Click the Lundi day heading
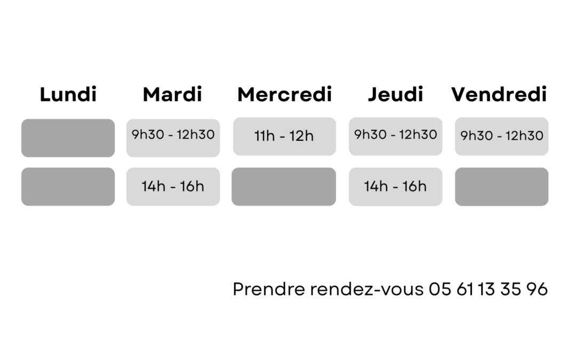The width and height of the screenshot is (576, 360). [68, 94]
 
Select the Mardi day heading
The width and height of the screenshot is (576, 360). [172, 94]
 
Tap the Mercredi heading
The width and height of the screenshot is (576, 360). [285, 94]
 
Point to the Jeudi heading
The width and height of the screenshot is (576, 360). [396, 94]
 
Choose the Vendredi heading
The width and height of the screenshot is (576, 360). [499, 94]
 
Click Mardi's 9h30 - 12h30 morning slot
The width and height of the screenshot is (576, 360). [173, 138]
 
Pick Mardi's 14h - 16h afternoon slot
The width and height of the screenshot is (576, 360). [173, 187]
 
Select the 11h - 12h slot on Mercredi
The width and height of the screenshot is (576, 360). [284, 137]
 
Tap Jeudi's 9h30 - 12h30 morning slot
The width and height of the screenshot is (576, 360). [396, 137]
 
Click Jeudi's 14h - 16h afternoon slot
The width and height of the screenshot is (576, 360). [396, 187]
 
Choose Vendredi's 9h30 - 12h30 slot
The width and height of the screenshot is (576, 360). [502, 137]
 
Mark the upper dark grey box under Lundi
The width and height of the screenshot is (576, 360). [68, 138]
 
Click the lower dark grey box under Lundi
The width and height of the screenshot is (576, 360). [68, 187]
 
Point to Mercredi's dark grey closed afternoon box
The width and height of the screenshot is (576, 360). [284, 187]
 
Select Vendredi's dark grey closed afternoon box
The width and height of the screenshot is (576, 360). [502, 187]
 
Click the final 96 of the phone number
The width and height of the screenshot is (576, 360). [537, 289]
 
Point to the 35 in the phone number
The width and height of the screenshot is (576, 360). [510, 289]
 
